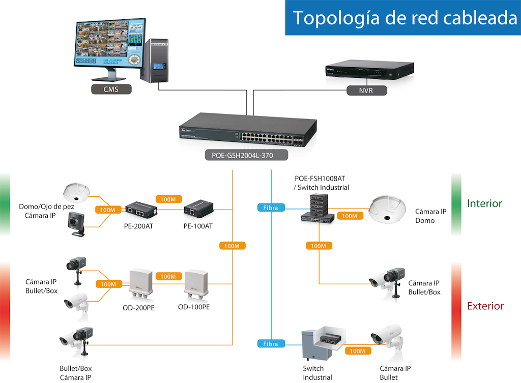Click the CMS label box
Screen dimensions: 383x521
click(111, 90)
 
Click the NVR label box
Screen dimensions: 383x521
click(366, 91)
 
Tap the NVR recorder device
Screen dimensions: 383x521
click(369, 70)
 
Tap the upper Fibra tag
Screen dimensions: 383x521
click(271, 208)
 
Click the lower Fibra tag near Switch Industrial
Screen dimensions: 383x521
click(271, 344)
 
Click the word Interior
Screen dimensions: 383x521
click(484, 204)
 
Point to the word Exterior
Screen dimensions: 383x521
click(485, 306)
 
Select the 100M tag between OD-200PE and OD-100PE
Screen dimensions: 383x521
click(168, 277)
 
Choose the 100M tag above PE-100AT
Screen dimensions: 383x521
click(168, 199)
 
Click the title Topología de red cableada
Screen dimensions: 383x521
click(405, 18)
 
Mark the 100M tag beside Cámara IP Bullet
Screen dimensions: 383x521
click(358, 351)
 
